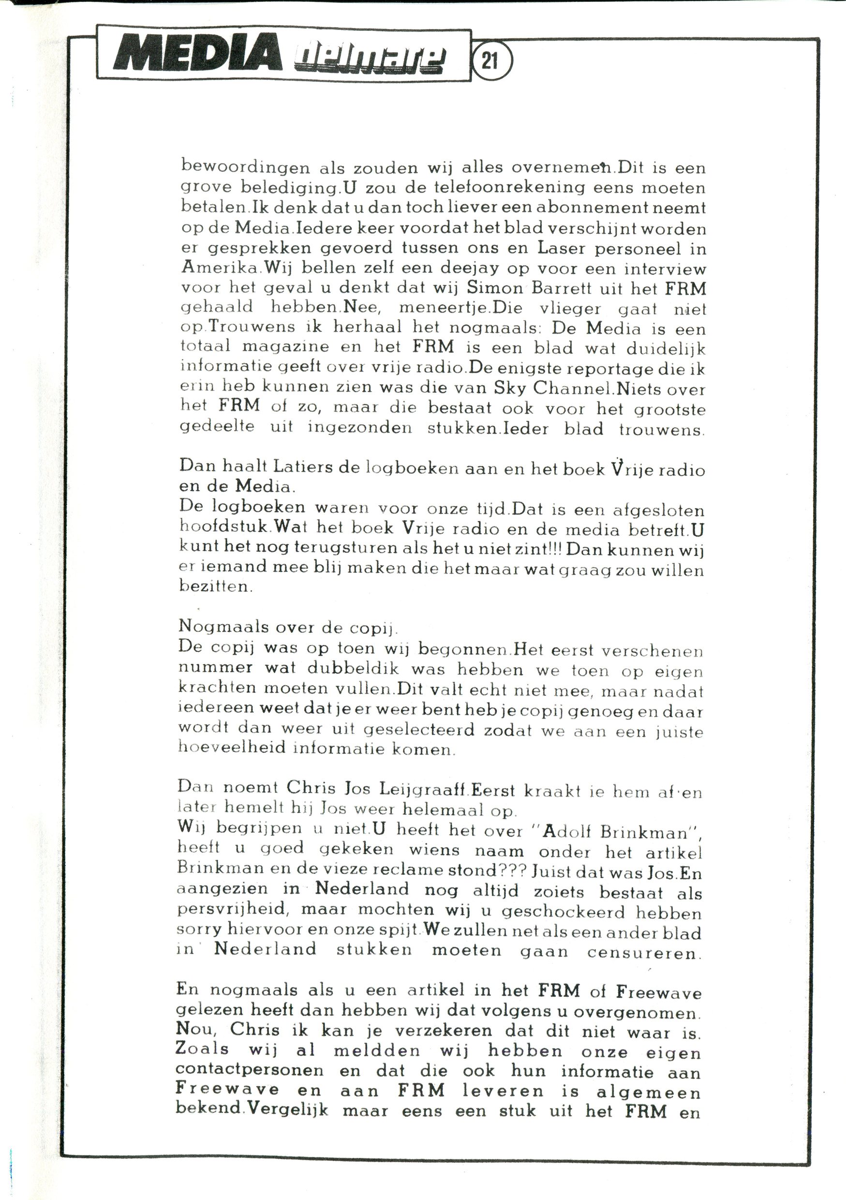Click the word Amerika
tap(220, 268)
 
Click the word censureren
tap(643, 951)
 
